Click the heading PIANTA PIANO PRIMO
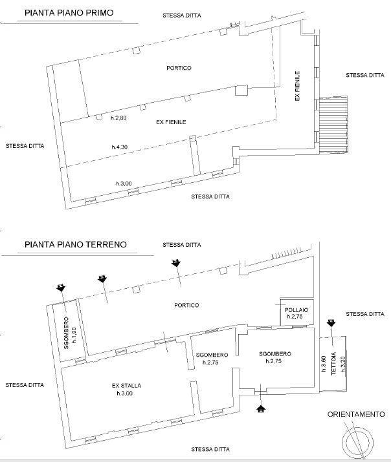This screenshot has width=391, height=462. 69,13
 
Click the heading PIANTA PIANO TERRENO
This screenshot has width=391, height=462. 76,244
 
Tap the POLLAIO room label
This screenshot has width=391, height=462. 296,310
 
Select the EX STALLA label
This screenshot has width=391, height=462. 127,385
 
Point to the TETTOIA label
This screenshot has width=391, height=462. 333,364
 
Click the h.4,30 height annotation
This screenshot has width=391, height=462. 120,147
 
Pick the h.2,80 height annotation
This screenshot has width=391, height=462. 118,118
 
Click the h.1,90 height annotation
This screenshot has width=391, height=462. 74,335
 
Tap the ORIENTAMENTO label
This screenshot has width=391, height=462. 356,414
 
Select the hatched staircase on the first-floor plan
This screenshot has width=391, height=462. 333,125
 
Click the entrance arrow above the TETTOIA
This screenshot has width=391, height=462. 331,322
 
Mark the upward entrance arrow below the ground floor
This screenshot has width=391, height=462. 261,408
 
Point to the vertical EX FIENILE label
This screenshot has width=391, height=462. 297,86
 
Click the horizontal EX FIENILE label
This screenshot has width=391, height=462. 171,122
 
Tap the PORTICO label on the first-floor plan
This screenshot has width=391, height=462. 179,68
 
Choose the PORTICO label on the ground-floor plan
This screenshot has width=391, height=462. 186,305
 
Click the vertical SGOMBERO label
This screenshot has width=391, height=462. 66,333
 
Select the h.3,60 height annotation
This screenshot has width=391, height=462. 324,364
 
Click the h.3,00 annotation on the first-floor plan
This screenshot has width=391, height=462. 124,184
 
